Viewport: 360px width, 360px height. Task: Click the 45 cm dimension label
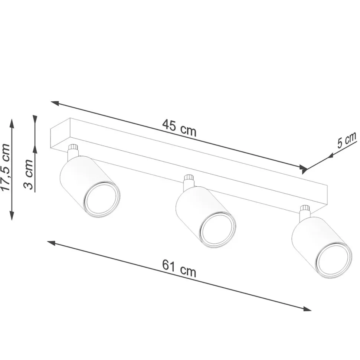(179, 129)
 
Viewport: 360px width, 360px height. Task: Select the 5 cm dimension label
(347, 140)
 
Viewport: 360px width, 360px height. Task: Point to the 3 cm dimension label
(29, 174)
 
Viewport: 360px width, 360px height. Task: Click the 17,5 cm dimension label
(6, 168)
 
